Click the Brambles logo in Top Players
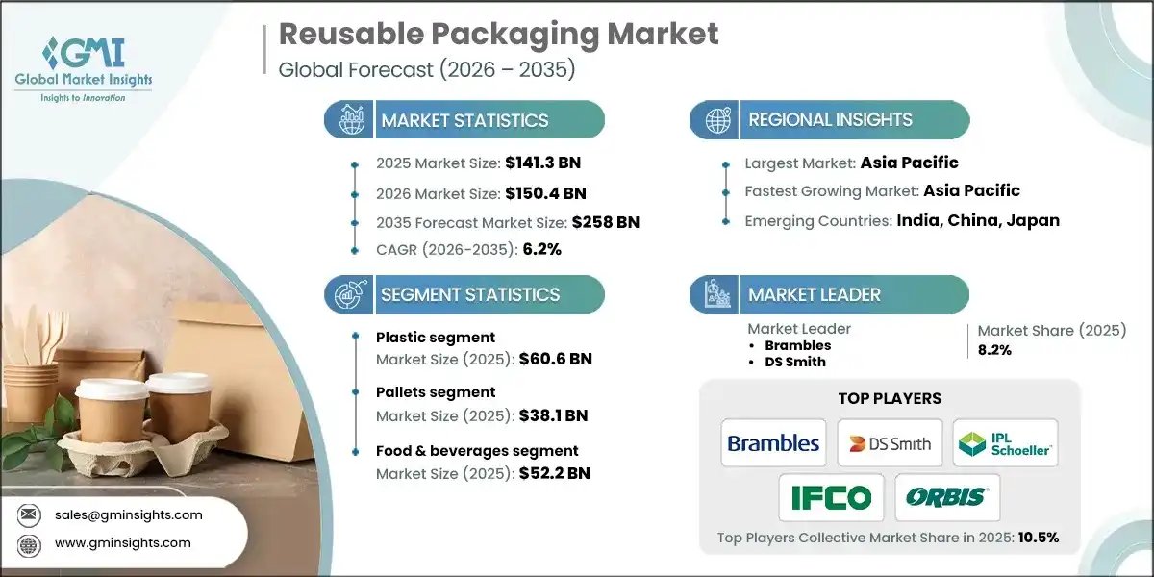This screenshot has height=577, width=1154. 773,442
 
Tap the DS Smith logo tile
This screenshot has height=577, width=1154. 890,442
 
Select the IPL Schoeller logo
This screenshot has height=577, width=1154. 1005,442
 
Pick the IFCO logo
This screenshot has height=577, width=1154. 831,497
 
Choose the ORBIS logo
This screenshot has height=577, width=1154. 947,497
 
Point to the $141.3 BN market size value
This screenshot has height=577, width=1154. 542,163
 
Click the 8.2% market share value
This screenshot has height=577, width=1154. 994,350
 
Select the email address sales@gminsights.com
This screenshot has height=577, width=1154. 129,514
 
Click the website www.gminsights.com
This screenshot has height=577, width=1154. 123,543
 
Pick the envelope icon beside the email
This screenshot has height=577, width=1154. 29,514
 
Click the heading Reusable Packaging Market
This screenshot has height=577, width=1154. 498,35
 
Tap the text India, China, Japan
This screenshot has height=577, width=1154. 978,220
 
